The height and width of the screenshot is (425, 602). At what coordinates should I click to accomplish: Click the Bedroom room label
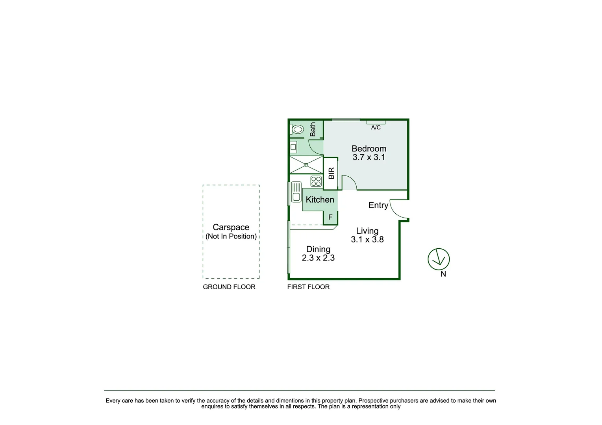click(x=369, y=149)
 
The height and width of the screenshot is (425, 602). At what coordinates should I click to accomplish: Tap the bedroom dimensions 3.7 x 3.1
click(x=369, y=157)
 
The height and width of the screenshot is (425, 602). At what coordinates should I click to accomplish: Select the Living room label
click(x=367, y=231)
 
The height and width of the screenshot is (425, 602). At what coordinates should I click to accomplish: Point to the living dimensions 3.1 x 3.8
click(x=367, y=240)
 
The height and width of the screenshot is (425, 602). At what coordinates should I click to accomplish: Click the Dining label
click(x=318, y=249)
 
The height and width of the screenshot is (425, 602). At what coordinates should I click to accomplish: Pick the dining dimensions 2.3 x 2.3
click(x=318, y=258)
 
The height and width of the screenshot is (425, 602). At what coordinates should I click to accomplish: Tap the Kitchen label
click(x=320, y=200)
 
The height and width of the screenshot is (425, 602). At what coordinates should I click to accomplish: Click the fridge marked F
click(x=330, y=217)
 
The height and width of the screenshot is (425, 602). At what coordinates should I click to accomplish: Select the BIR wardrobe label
click(x=331, y=174)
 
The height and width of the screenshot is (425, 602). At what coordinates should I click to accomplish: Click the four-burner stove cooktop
click(x=316, y=181)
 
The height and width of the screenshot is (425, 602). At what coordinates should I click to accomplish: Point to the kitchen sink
click(x=296, y=192)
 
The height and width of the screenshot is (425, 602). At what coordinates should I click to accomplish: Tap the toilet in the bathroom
click(x=297, y=129)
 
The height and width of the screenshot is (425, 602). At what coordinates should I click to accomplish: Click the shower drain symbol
click(x=306, y=165)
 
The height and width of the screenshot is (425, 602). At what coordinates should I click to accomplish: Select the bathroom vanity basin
click(x=293, y=147)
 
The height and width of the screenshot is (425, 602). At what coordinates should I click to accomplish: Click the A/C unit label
click(x=376, y=128)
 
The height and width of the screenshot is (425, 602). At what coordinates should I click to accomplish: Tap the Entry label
click(x=378, y=205)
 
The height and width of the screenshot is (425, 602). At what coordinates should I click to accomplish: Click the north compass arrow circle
click(x=439, y=259)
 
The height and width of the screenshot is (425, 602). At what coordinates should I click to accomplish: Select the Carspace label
click(x=231, y=227)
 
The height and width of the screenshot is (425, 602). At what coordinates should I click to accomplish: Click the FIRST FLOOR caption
click(x=308, y=287)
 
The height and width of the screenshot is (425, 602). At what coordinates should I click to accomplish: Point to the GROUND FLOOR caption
click(x=229, y=287)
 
